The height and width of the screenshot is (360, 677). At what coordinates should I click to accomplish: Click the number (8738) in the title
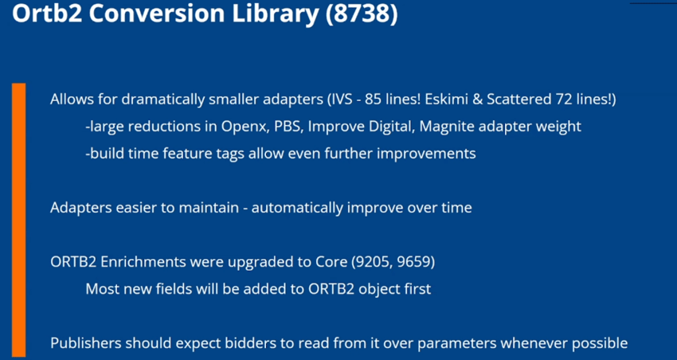click(361, 14)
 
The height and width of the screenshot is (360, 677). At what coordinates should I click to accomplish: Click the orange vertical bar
click(18, 220)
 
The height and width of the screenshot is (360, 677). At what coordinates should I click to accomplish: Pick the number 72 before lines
click(561, 100)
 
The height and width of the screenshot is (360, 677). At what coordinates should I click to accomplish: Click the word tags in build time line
click(232, 154)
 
